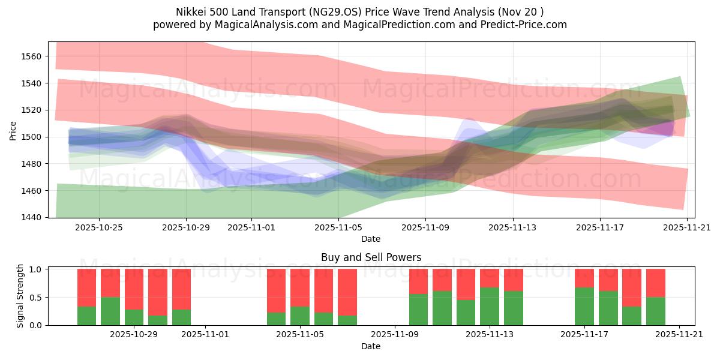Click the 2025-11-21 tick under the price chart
[687, 228]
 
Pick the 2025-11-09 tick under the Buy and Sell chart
[395, 335]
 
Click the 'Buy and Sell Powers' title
[371, 257]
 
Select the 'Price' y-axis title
[13, 130]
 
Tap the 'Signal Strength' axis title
[20, 296]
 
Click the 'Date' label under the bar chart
[371, 346]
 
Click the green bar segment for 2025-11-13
[490, 306]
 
